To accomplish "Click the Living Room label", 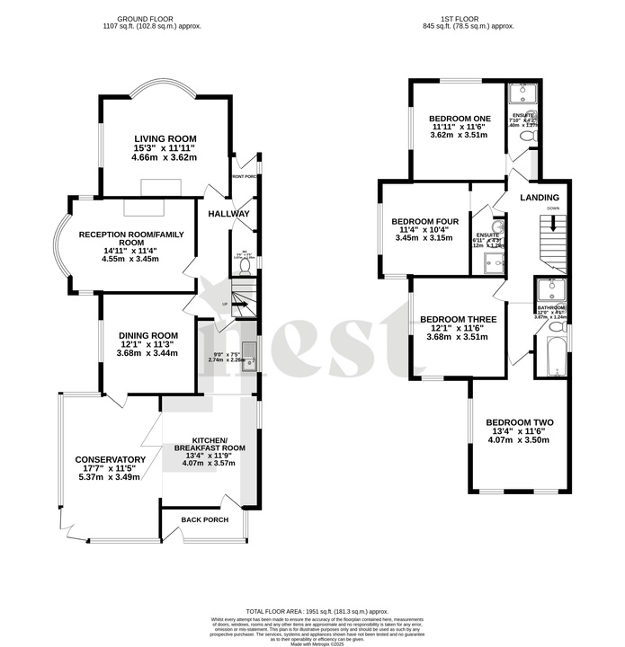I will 165,137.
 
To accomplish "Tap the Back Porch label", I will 204,520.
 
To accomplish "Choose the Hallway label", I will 228,214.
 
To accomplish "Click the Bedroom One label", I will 460,119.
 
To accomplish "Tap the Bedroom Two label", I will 519,422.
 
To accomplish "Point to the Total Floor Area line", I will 311,610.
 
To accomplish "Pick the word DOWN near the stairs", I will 553,208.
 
